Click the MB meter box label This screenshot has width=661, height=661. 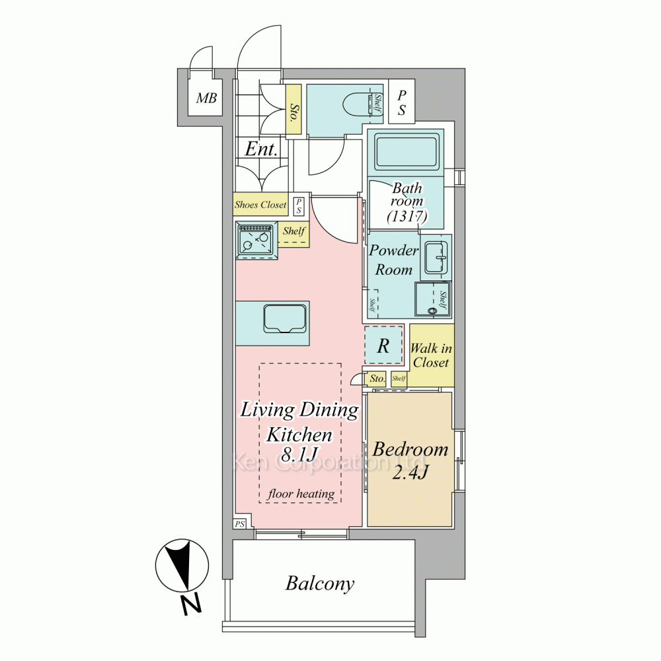[x=206, y=98]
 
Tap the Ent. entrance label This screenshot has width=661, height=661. [x=261, y=149]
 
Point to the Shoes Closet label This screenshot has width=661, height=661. [x=260, y=205]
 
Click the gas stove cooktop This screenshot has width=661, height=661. [x=256, y=241]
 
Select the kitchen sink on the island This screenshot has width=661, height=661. [x=285, y=319]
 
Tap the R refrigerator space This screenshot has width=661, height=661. [x=383, y=346]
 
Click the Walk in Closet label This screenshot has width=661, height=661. [x=431, y=356]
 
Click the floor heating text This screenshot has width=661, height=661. [x=301, y=494]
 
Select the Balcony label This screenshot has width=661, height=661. [x=320, y=584]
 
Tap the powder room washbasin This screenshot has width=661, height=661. [x=436, y=256]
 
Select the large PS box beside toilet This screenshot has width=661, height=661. [x=402, y=101]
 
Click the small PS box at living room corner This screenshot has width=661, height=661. [x=240, y=524]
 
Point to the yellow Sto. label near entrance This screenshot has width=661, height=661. [x=293, y=110]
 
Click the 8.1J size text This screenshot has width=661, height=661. [x=299, y=455]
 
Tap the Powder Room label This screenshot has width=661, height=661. [x=393, y=260]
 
